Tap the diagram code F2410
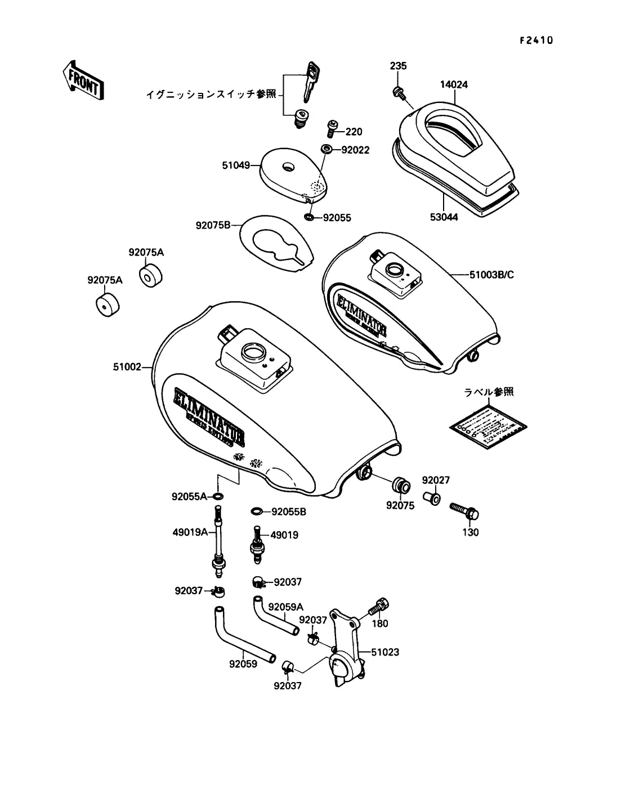click(536, 40)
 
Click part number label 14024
click(454, 85)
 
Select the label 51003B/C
click(491, 275)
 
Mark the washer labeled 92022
click(326, 150)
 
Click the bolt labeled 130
click(464, 510)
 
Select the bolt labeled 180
click(379, 607)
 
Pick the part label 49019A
click(190, 532)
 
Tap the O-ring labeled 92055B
click(257, 512)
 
